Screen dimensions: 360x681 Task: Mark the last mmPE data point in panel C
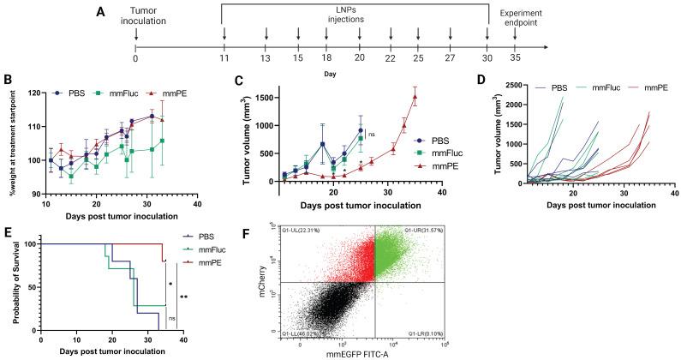coord(415,97)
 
